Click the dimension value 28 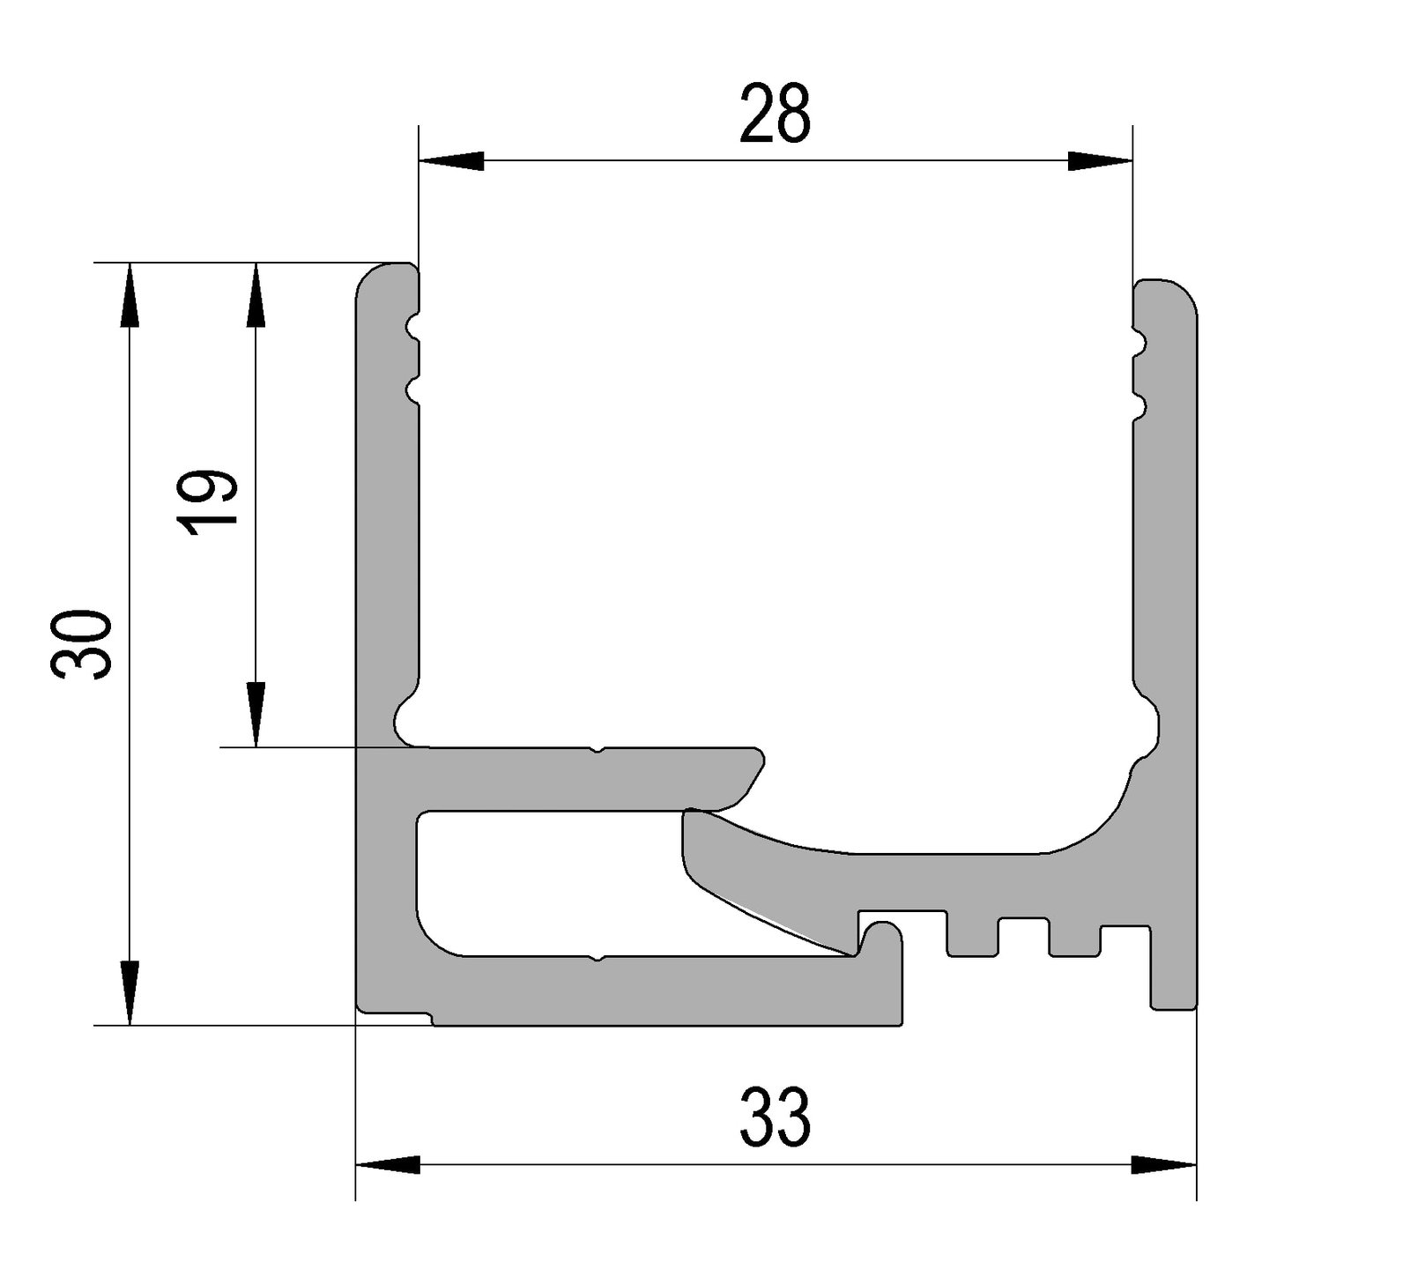pos(775,115)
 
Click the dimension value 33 pos(775,1117)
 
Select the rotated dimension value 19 pos(208,501)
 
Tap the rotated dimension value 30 pos(82,642)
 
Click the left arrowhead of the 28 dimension pos(451,161)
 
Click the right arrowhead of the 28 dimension pos(1100,161)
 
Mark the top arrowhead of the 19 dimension pos(256,295)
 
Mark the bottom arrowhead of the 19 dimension pos(256,715)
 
